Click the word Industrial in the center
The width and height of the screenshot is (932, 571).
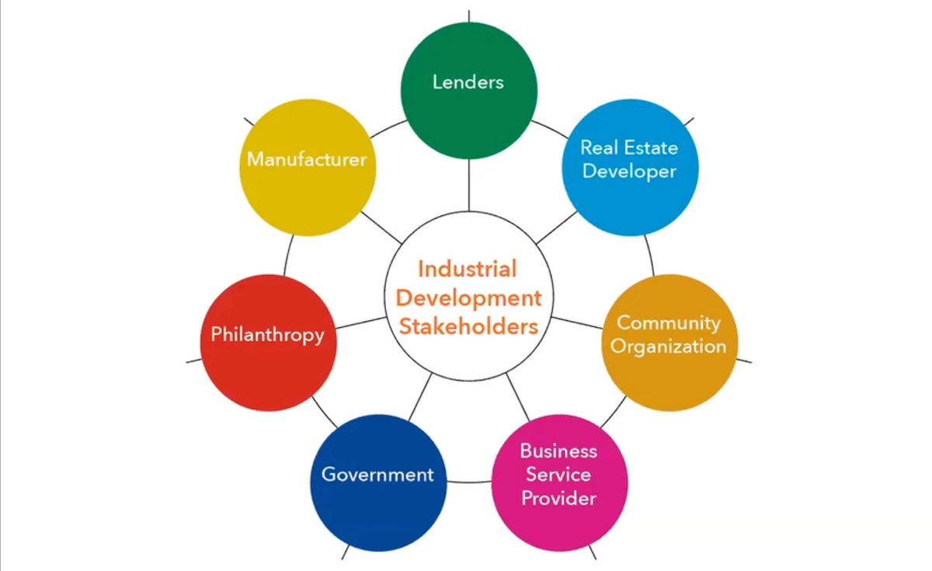[x=467, y=270]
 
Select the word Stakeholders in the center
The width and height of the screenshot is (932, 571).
[x=468, y=326]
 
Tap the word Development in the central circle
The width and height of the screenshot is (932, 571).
[x=468, y=298]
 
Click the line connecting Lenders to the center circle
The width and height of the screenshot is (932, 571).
[x=468, y=185]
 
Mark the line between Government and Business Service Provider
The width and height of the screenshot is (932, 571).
[x=469, y=482]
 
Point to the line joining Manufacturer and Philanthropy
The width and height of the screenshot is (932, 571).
[x=288, y=256]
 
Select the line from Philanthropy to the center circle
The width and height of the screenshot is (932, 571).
[x=360, y=322]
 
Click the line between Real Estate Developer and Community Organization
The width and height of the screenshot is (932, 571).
[x=650, y=255]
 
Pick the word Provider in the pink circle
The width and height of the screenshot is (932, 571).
[x=559, y=498]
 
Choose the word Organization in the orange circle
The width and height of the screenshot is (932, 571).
[x=669, y=346]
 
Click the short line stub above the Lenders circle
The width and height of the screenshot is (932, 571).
[x=468, y=16]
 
